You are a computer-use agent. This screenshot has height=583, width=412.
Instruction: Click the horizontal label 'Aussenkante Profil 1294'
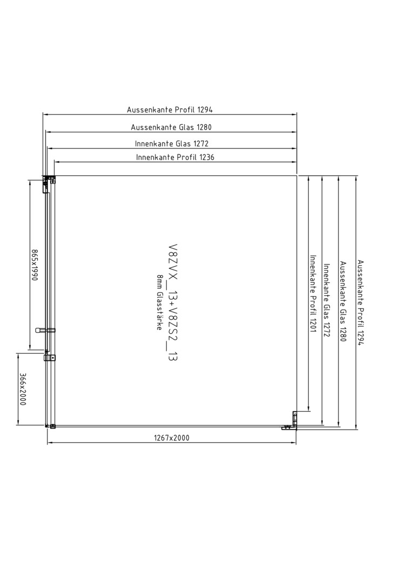(170, 110)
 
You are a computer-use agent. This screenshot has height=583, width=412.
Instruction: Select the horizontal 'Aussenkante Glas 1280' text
(171, 127)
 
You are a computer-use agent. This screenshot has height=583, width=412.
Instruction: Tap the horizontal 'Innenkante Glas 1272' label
(172, 144)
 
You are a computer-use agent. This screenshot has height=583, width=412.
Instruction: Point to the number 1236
(207, 157)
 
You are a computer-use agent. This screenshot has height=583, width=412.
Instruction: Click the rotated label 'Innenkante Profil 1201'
(313, 294)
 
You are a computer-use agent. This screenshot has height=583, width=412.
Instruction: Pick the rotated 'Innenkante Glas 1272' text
(327, 301)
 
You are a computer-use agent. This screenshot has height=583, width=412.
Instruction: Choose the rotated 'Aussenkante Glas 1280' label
(343, 302)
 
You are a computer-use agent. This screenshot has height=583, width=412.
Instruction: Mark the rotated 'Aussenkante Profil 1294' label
(360, 303)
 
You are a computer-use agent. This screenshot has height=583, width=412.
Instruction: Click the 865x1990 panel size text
(35, 265)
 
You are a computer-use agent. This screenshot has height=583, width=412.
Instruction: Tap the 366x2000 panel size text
(22, 389)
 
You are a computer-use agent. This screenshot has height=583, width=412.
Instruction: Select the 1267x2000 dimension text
(171, 438)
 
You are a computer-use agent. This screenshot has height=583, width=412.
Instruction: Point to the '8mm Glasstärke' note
(159, 302)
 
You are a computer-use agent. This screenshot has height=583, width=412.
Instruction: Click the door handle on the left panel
(45, 330)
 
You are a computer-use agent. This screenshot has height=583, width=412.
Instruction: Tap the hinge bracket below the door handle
(50, 358)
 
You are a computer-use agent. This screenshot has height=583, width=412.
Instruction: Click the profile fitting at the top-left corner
(49, 182)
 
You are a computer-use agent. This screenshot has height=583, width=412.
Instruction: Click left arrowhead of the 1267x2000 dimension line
(50, 443)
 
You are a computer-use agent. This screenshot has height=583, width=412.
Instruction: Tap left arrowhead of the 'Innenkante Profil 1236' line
(57, 162)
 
